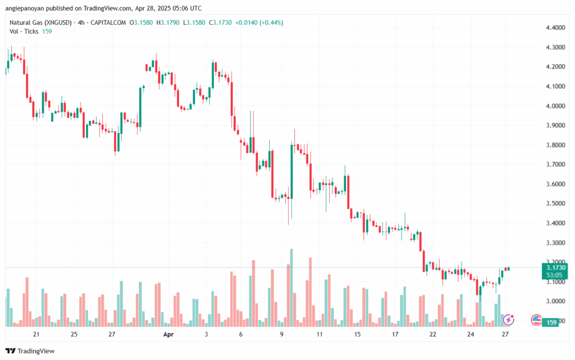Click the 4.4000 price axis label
[555, 28]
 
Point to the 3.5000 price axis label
[555, 203]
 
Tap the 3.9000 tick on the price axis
[555, 125]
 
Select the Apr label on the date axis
[168, 334]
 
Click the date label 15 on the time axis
[357, 334]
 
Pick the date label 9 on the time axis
[282, 334]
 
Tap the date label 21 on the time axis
[36, 334]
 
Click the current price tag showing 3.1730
[555, 268]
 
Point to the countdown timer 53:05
[554, 275]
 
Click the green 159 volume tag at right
[551, 322]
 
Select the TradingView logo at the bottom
[30, 351]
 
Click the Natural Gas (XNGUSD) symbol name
[40, 22]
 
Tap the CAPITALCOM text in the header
[108, 22]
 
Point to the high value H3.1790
[168, 22]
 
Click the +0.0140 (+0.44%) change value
[259, 22]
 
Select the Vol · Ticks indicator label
[24, 31]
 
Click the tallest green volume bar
[291, 288]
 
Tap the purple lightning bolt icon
[508, 320]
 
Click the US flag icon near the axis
[536, 320]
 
